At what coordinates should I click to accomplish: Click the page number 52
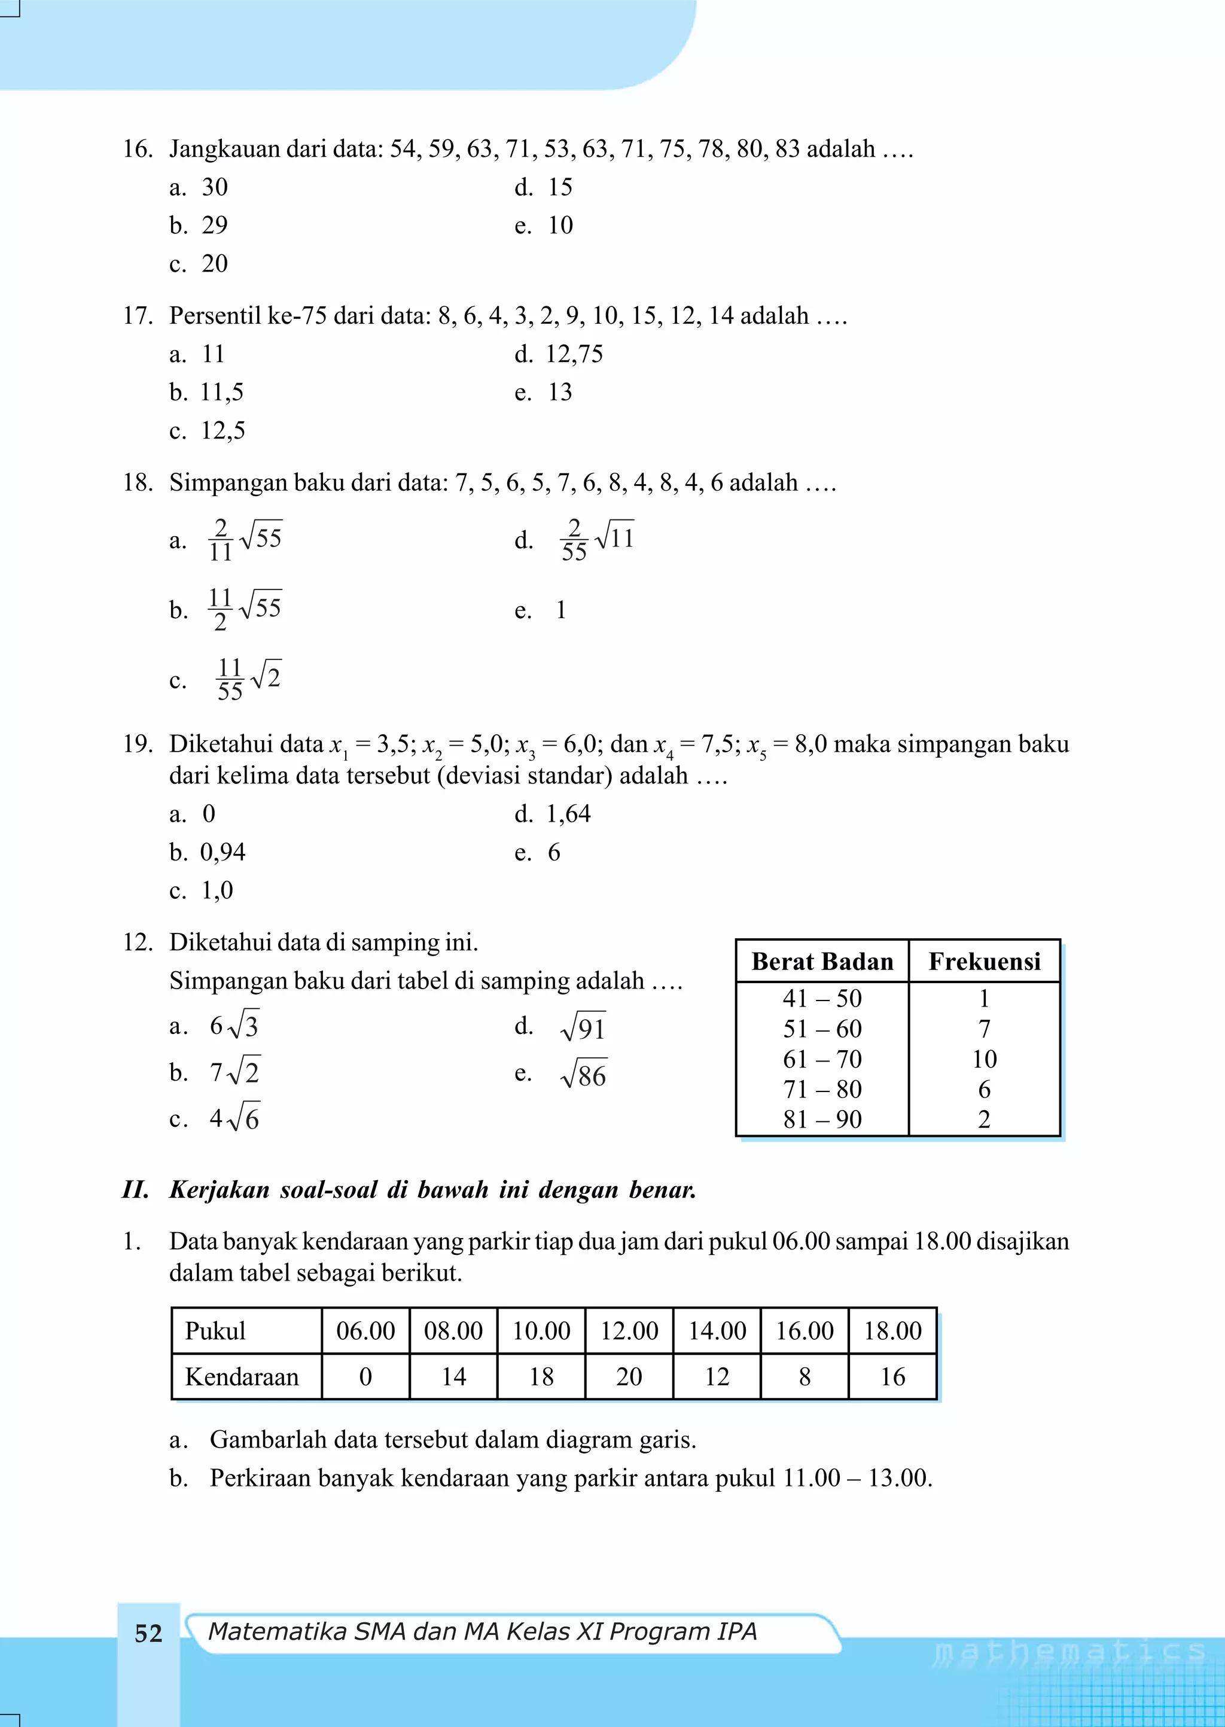pyautogui.click(x=148, y=1634)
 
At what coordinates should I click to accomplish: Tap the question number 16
pyautogui.click(x=138, y=148)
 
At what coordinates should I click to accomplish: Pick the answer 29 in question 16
pyautogui.click(x=214, y=225)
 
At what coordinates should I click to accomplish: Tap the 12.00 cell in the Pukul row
pyautogui.click(x=629, y=1331)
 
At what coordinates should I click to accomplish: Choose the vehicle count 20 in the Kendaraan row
pyautogui.click(x=629, y=1377)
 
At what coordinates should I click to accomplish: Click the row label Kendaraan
pyautogui.click(x=242, y=1377)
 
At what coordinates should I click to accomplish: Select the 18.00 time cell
pyautogui.click(x=892, y=1331)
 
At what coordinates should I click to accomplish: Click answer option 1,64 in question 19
pyautogui.click(x=568, y=814)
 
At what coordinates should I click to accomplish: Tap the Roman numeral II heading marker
pyautogui.click(x=136, y=1190)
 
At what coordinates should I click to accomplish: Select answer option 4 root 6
pyautogui.click(x=234, y=1119)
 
